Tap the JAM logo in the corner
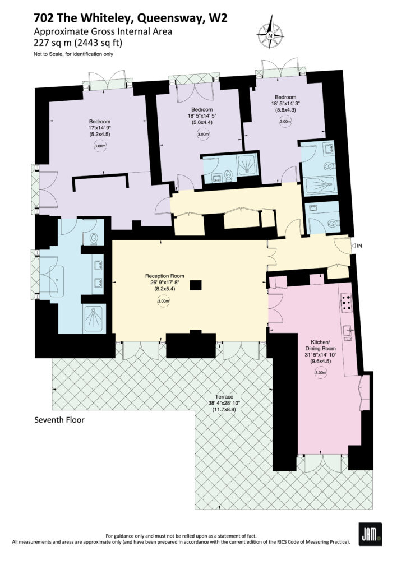pos(370,534)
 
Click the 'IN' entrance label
pos(359,246)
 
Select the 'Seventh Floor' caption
pos(59,420)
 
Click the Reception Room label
pos(165,276)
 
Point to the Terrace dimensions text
pos(224,404)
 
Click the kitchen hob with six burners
pos(346,303)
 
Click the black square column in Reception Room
pos(196,285)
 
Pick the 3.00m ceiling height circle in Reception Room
pos(164,301)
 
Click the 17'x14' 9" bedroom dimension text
pos(100,128)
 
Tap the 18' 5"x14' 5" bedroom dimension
pos(202,116)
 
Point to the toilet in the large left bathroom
pos(93,239)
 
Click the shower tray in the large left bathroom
pos(94,319)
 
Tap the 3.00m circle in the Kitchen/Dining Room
pos(321,373)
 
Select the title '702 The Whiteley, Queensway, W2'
pos(130,18)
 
